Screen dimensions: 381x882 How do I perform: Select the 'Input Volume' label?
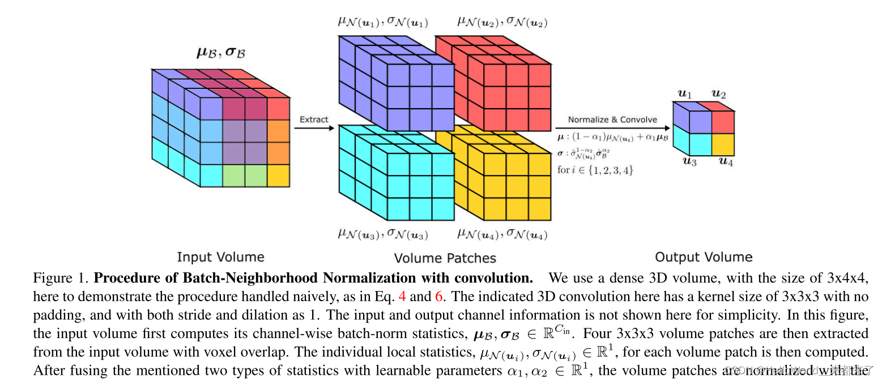(x=220, y=257)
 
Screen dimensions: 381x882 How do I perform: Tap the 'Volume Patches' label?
(x=445, y=258)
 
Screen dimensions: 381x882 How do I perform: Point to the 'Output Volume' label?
(x=704, y=257)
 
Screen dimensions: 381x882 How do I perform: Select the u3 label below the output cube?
(x=689, y=161)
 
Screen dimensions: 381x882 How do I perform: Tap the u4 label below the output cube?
(x=727, y=161)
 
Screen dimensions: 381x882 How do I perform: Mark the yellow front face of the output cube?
(x=723, y=144)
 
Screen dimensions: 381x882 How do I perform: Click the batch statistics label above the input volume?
(x=221, y=53)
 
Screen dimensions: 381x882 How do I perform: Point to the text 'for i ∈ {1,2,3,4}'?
(x=595, y=169)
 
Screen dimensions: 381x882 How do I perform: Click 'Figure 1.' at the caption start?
(x=61, y=279)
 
